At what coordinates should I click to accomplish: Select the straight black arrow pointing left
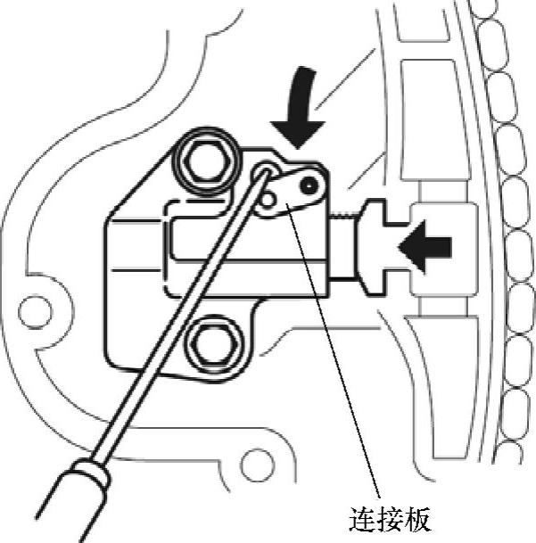pos(427,243)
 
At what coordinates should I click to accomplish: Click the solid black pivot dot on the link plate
pos(309,186)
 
